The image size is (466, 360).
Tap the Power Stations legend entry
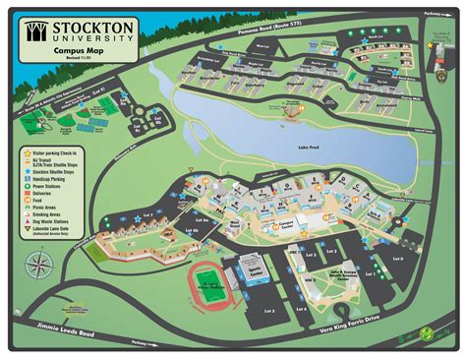tap(45, 186)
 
